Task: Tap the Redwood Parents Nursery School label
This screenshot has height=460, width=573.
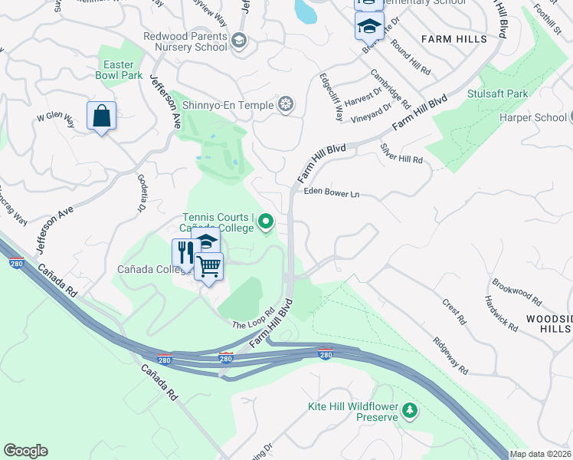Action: coord(186,41)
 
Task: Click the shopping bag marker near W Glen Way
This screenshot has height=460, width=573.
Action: coord(101,117)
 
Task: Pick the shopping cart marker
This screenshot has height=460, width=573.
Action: coord(209,266)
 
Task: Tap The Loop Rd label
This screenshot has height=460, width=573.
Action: coord(253,319)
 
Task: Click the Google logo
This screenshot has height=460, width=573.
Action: coord(25,451)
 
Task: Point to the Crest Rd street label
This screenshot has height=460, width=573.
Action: coord(454,312)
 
